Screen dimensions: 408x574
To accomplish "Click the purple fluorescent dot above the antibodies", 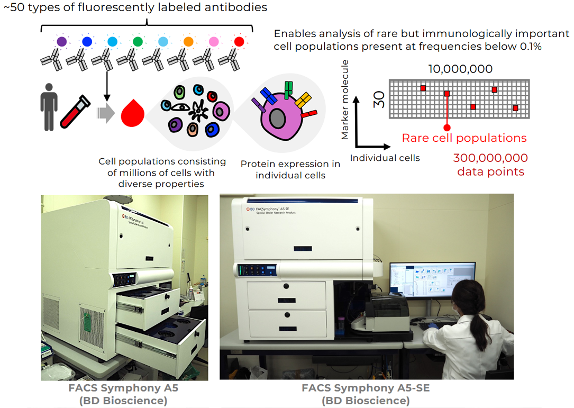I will [x=62, y=41].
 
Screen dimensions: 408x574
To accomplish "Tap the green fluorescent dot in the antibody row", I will [x=138, y=41].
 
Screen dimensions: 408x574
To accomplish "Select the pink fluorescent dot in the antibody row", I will [x=214, y=41].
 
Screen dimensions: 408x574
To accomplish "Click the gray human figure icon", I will [x=49, y=106].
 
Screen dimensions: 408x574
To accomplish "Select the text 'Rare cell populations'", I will [x=464, y=138].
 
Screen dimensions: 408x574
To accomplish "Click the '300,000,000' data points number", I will [x=490, y=158].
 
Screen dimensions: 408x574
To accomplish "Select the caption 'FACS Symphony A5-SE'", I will [x=366, y=388].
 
